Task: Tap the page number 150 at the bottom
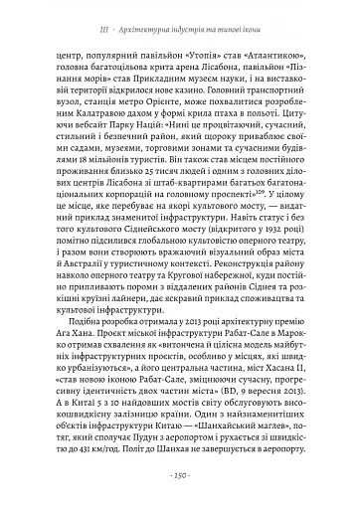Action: (179, 474)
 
